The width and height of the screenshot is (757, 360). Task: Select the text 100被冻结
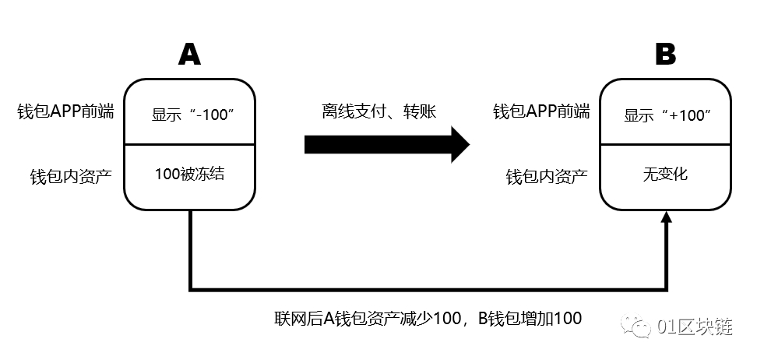[x=190, y=174]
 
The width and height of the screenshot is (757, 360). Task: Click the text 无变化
[x=666, y=174]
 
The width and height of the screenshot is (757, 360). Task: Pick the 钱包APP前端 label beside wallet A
[x=65, y=111]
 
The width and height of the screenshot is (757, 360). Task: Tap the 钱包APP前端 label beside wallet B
[x=541, y=111]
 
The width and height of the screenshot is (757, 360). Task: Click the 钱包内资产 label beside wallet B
[x=545, y=176]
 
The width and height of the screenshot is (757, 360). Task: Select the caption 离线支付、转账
[x=379, y=111]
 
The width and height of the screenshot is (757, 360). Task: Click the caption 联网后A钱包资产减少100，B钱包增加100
[x=428, y=318]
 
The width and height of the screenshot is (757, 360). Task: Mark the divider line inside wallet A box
[x=190, y=144]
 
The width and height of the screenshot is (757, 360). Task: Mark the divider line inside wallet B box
[x=666, y=144]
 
